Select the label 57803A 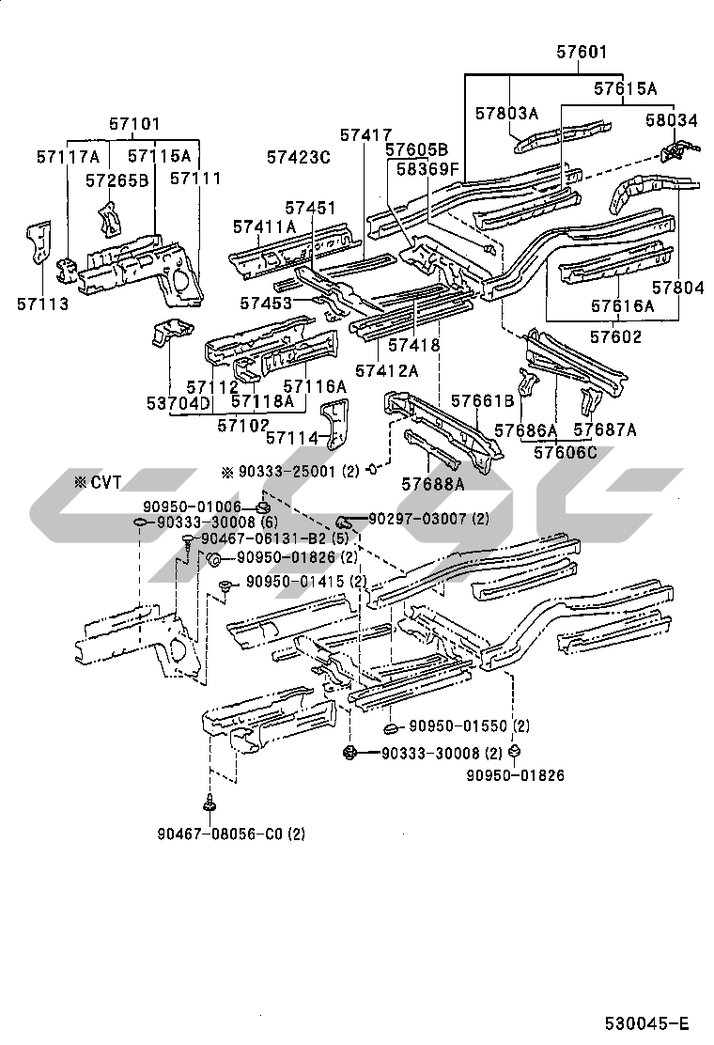pos(505,114)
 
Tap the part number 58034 pos(671,120)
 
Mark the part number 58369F pos(427,169)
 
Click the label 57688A pos(433,484)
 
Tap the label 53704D pos(178,403)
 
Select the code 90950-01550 pos(458,726)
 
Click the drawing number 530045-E pos(646,1023)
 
